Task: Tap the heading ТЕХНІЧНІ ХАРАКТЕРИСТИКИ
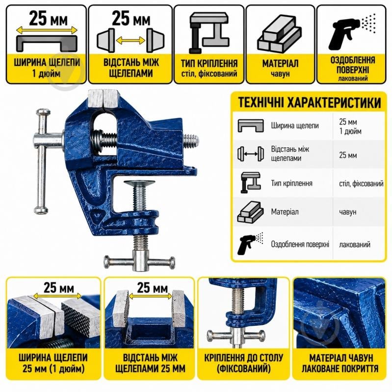click(309, 103)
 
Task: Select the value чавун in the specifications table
click(347, 212)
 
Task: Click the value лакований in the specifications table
click(355, 244)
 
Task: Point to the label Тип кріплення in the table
click(292, 183)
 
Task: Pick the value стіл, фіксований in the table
click(361, 184)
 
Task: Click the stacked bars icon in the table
click(250, 212)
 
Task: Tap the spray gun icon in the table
click(250, 243)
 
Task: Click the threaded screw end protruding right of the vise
click(191, 141)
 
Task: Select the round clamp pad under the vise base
click(139, 184)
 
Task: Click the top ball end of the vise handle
click(43, 112)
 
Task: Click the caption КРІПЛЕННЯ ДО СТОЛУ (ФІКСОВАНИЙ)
click(244, 363)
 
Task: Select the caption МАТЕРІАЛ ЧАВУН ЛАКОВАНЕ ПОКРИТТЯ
click(340, 363)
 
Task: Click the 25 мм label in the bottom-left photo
click(59, 288)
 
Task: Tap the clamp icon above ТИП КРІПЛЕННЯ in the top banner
click(209, 32)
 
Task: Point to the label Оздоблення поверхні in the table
click(300, 244)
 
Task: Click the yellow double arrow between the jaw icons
click(131, 40)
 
